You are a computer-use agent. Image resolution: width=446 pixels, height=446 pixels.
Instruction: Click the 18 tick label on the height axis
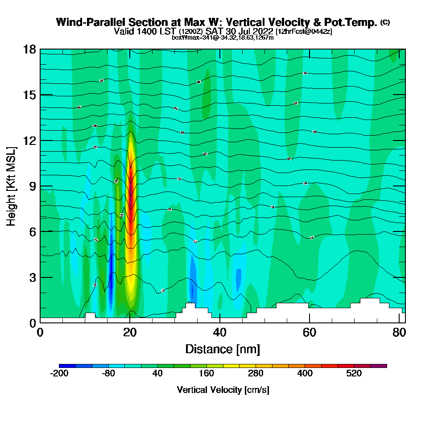(x=29, y=49)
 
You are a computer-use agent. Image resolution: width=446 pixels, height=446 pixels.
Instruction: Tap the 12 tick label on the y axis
(x=29, y=140)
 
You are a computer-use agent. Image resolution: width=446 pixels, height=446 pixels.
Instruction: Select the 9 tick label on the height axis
(x=32, y=186)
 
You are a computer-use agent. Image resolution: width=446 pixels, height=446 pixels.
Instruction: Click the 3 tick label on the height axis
(x=32, y=277)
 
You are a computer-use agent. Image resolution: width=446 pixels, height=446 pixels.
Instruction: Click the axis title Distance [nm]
(x=223, y=349)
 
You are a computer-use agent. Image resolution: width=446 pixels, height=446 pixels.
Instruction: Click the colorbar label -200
(x=59, y=374)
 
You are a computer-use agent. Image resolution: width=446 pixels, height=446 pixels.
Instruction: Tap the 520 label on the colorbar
(x=354, y=374)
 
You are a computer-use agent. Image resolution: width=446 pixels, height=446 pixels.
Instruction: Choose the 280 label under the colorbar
(x=256, y=374)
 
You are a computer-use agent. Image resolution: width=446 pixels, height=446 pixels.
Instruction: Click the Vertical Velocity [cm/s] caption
(x=223, y=390)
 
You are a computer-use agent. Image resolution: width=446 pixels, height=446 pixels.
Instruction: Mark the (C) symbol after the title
(x=385, y=22)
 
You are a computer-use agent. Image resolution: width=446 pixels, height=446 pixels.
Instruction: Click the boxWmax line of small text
(x=223, y=37)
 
